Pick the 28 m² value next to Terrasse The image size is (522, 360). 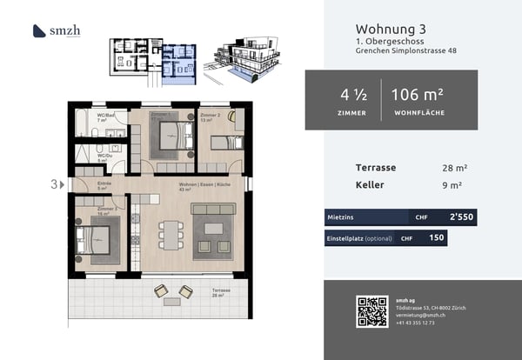[x=453, y=167]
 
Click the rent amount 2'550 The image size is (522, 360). [x=460, y=217]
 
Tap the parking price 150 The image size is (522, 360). [x=436, y=237]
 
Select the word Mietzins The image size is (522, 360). [x=339, y=217]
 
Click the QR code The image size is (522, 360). [x=371, y=310]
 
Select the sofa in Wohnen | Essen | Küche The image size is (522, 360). [x=213, y=210]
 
